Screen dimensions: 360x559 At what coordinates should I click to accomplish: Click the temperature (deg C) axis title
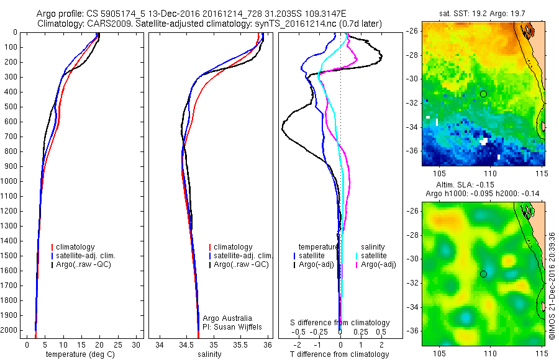coord(78,354)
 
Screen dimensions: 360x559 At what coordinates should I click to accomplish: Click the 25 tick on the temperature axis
coord(118,344)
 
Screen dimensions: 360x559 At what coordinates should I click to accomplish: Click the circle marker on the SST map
coord(483,94)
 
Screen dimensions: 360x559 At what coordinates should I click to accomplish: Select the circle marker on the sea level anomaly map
coord(483,274)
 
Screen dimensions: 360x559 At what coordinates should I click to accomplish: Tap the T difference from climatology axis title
coord(339,354)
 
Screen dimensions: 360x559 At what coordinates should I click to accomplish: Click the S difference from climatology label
coord(340,323)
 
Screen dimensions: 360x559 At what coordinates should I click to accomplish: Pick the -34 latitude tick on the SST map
coord(412,127)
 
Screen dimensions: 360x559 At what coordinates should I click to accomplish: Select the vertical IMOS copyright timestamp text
coord(552,286)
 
